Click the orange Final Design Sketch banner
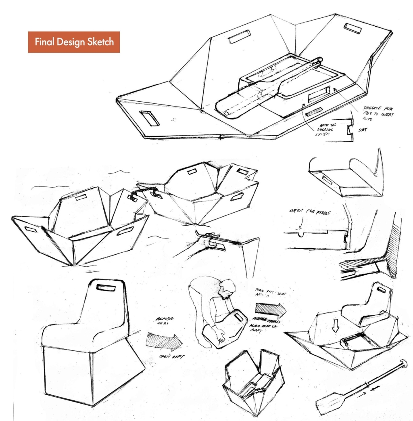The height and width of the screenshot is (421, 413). [74, 42]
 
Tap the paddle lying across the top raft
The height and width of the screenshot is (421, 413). [258, 89]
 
